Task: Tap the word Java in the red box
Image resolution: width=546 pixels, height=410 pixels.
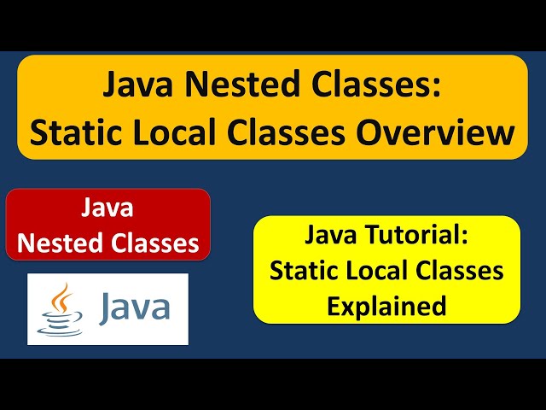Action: tap(108, 208)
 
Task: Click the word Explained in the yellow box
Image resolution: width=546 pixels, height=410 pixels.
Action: tap(386, 305)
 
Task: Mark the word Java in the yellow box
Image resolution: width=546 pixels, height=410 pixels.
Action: tap(334, 235)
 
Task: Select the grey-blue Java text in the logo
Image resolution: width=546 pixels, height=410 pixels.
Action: tap(134, 307)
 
